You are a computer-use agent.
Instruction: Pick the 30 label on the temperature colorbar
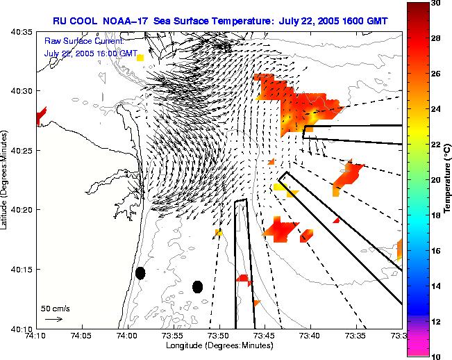click(x=435, y=3)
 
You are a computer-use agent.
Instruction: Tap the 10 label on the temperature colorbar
click(x=435, y=357)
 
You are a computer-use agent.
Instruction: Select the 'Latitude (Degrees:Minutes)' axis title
click(x=5, y=180)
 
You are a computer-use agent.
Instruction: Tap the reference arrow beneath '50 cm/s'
click(x=53, y=319)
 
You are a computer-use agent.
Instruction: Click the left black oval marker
click(x=140, y=273)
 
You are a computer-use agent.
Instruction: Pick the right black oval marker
click(x=197, y=286)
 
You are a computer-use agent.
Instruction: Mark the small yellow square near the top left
click(x=141, y=58)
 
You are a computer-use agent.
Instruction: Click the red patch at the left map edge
click(x=41, y=115)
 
